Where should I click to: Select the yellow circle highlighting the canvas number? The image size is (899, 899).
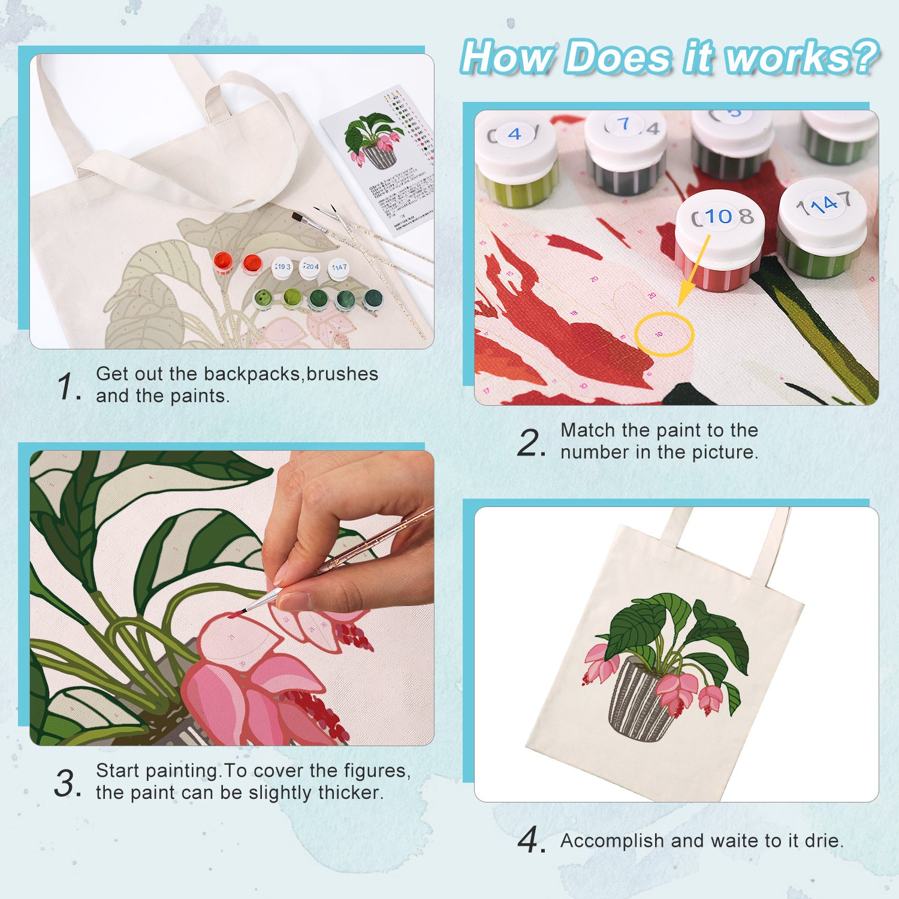point(663,334)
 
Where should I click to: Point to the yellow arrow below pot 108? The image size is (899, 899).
point(694,270)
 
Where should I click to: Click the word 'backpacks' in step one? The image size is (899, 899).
point(252,374)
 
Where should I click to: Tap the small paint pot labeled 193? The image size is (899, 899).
point(282,267)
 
